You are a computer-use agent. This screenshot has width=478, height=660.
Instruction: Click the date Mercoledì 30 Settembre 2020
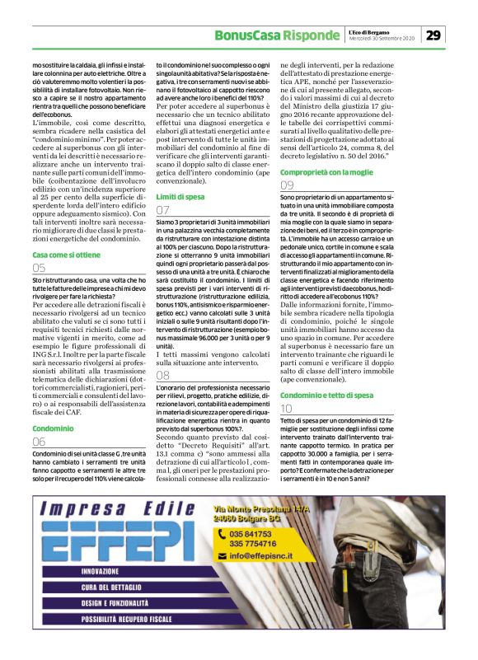pyautogui.click(x=382, y=39)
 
